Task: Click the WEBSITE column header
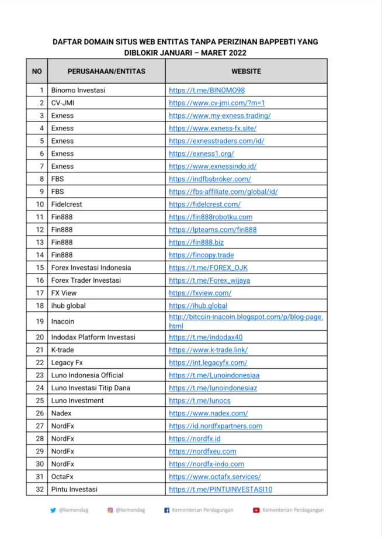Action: [x=246, y=71]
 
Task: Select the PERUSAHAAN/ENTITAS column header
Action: [x=106, y=71]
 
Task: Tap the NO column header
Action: [x=37, y=71]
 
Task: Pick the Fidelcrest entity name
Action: [x=67, y=205]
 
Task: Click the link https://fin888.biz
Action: [x=196, y=242]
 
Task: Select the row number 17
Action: [x=40, y=293]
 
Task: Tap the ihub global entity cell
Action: [x=70, y=306]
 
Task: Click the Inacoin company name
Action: [x=63, y=321]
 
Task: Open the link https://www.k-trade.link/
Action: [x=208, y=350]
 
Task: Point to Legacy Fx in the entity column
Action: [x=67, y=363]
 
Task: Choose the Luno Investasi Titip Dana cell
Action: [x=91, y=388]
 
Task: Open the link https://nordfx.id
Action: [x=195, y=439]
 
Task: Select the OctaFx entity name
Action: [x=62, y=477]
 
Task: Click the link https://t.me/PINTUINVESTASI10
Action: [x=221, y=490]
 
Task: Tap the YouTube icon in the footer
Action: [x=256, y=510]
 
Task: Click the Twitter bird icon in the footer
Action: [x=53, y=510]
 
